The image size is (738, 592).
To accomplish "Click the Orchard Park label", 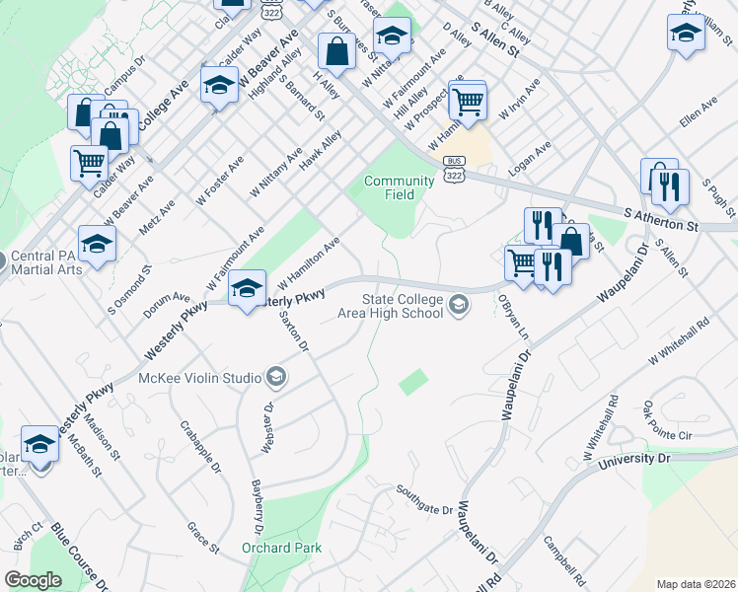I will click(x=276, y=547).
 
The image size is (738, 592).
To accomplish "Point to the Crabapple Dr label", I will click(x=196, y=444).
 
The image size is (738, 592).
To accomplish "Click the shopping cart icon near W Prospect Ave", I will click(x=468, y=100).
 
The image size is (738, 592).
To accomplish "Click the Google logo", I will click(x=33, y=580).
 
